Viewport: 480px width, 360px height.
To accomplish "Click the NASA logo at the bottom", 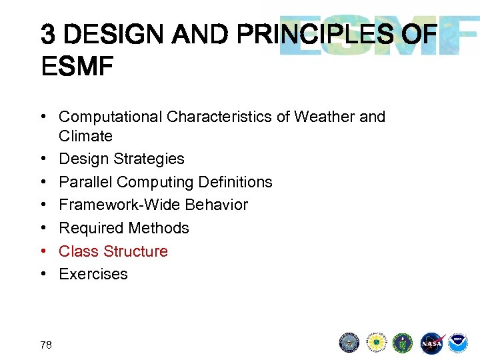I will [x=431, y=342].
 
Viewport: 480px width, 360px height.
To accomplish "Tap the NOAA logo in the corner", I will [x=457, y=342].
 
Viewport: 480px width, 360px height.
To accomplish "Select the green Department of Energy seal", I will [x=403, y=342].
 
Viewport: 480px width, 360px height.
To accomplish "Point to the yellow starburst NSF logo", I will [x=377, y=342].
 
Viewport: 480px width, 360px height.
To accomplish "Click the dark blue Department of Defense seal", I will [x=349, y=342].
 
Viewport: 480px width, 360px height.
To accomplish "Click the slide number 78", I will [x=46, y=344].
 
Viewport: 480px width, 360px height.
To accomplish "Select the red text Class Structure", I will [x=113, y=251].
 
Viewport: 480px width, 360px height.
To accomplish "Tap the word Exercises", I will [x=93, y=274].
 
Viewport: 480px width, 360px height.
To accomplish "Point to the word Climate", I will [x=85, y=136].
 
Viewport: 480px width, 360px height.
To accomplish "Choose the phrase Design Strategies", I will [x=121, y=159].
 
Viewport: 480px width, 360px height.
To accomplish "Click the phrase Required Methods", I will [x=124, y=228].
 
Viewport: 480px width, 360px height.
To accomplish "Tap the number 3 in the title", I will [x=48, y=33].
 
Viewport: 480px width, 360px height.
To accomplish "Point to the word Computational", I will [x=111, y=117].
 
